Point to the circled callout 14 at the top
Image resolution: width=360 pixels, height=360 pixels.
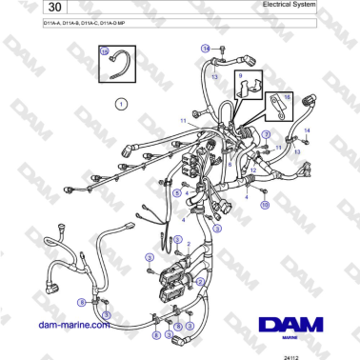point(204,48)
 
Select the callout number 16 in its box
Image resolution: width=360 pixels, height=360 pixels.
point(289,96)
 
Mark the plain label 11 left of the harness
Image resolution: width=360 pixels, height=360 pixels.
point(184,121)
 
